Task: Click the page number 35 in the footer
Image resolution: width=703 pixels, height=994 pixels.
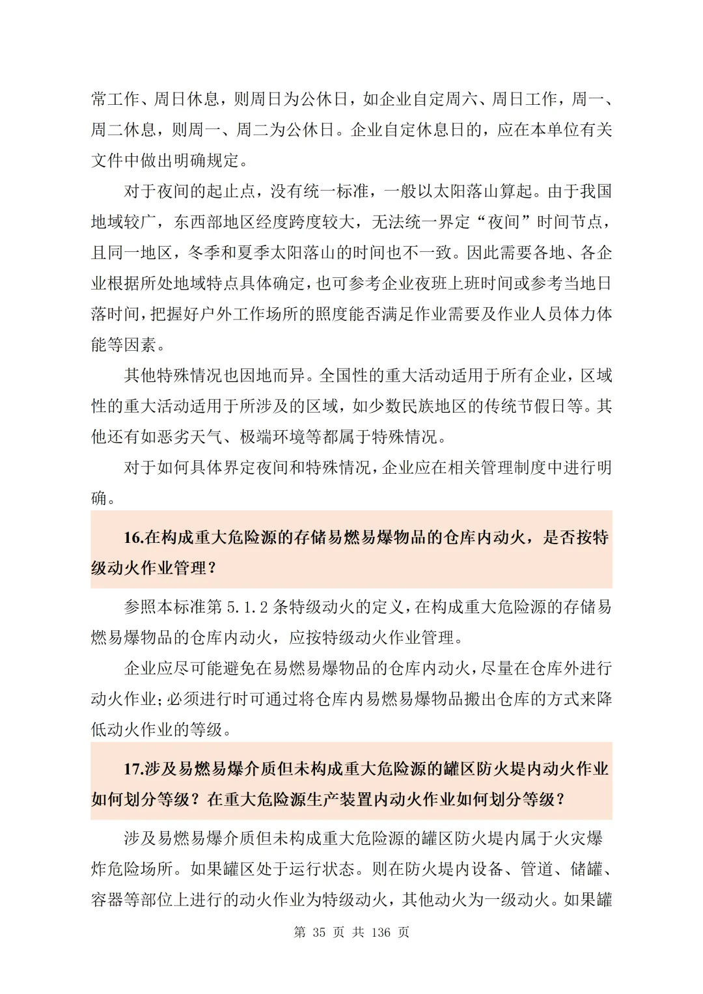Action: (318, 932)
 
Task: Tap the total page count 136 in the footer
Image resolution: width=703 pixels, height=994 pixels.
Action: (381, 932)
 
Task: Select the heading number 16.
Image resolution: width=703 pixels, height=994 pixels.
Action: (133, 537)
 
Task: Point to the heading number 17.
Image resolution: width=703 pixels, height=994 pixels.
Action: (133, 769)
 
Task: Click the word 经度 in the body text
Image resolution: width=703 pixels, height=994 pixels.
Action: (273, 222)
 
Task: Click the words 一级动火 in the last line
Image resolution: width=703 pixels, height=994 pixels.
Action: (517, 900)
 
